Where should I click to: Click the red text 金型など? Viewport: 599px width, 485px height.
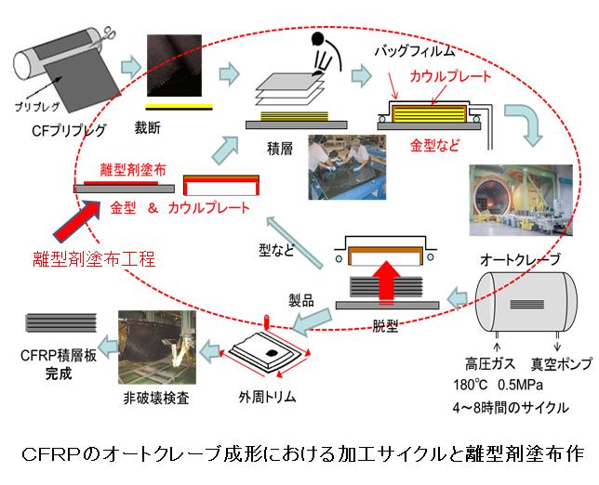tap(433, 146)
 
